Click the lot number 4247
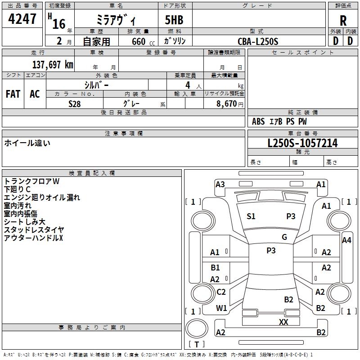(22, 19)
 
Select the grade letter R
(343, 21)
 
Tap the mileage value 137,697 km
(53, 64)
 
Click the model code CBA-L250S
(258, 41)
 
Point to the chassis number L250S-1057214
(302, 143)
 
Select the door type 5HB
(174, 20)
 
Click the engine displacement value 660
(139, 41)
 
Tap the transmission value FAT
(13, 94)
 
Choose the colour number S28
(75, 104)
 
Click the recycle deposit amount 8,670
(226, 103)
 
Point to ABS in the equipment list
(258, 121)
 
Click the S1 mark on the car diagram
(251, 216)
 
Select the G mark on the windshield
(284, 237)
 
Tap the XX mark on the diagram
(283, 322)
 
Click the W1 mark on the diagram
(221, 308)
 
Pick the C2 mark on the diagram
(221, 292)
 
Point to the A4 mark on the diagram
(346, 240)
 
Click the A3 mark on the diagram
(220, 184)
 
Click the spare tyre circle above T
(197, 328)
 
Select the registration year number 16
(59, 24)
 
